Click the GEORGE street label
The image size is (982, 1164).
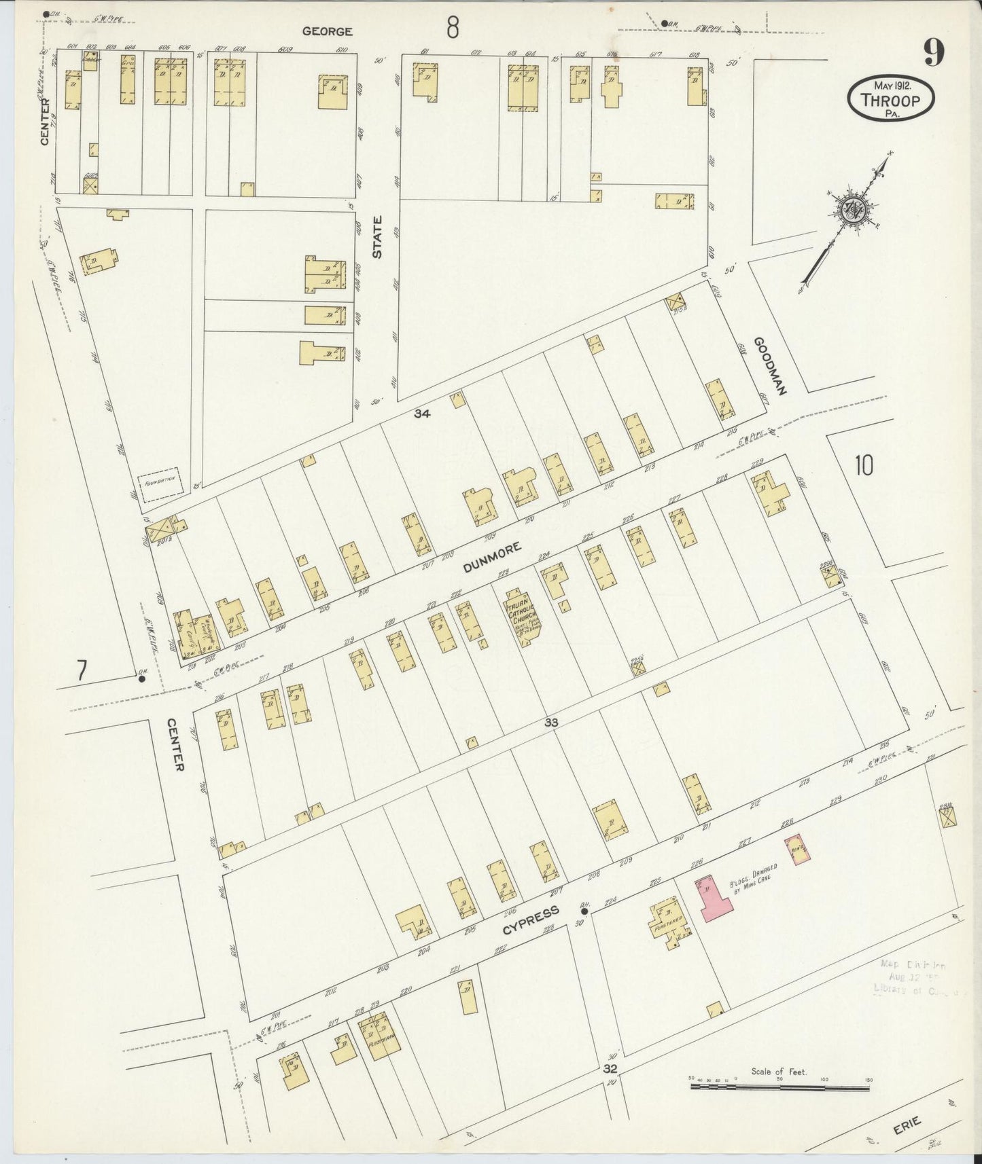tap(328, 31)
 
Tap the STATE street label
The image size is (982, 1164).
tap(377, 237)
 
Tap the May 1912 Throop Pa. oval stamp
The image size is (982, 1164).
tap(891, 100)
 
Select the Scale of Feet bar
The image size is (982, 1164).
tap(779, 1087)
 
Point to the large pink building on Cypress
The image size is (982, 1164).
tap(713, 896)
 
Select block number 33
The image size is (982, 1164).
tap(550, 723)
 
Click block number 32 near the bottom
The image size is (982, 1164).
tap(610, 1069)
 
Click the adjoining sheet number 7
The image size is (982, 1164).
tap(82, 670)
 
